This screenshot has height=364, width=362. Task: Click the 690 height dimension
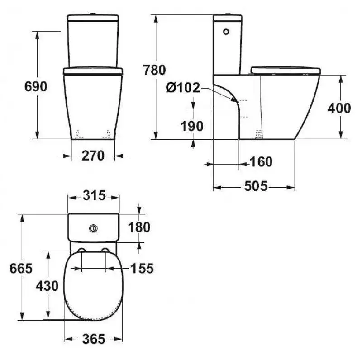coord(36,86)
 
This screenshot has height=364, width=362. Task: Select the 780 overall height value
coord(154,70)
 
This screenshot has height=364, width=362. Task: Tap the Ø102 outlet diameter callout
coord(183,88)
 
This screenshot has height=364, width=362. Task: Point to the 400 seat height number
coord(339,108)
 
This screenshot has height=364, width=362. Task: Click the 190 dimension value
coord(192,126)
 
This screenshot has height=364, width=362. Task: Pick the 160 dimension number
coord(261,162)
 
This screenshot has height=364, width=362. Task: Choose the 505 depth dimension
coord(256,186)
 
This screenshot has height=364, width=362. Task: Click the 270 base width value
coord(93,156)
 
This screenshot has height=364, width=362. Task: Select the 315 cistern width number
coord(94,195)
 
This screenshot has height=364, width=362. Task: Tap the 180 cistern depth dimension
coord(139,227)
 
